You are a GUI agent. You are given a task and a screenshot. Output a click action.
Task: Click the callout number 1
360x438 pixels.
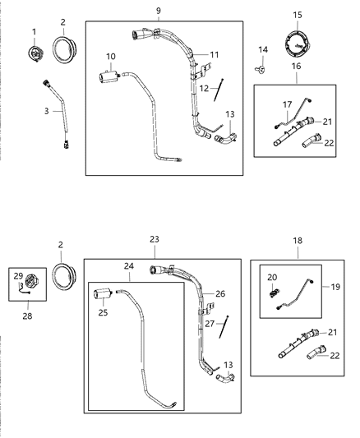point(34,31)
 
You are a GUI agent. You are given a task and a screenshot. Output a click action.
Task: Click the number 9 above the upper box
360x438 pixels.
point(158,11)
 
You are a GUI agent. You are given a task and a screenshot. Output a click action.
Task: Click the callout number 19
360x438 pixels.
point(332,288)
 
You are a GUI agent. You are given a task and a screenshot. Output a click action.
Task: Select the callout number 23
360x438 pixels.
point(154,239)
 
